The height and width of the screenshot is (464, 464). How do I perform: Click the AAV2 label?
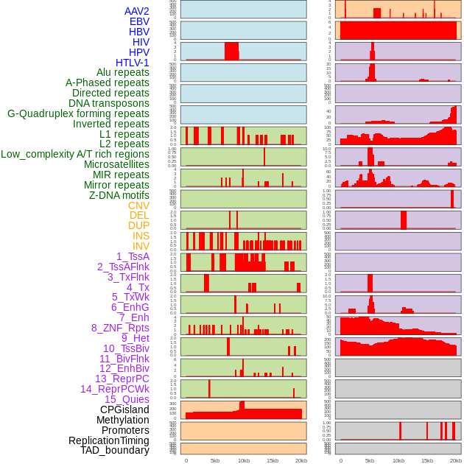coord(137,11)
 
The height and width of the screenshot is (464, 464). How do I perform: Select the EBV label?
coord(139,21)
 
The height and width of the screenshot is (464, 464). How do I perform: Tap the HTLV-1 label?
coord(133,63)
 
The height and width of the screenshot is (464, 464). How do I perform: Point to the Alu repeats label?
coord(123,72)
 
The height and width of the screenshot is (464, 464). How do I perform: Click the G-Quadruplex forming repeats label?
coord(78,113)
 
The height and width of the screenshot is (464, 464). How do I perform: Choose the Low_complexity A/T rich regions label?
coord(75,154)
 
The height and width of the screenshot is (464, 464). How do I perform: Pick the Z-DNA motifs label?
coord(119,195)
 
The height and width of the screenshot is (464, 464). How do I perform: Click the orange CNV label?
coord(138,205)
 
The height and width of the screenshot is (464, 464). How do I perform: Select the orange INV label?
coord(141,246)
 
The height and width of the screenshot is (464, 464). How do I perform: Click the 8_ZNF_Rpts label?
coord(120,328)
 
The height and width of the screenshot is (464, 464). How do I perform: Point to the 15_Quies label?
coord(127,399)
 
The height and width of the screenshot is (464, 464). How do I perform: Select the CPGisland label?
coord(124,409)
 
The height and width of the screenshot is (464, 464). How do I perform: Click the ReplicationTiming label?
coord(109,440)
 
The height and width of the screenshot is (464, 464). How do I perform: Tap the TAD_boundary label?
coord(115,450)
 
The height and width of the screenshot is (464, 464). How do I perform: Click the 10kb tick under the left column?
coord(243,460)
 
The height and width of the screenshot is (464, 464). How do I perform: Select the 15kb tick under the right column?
coord(427,460)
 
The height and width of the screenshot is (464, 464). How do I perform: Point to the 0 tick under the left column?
coord(186,460)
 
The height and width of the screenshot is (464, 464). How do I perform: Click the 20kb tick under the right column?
coord(456,460)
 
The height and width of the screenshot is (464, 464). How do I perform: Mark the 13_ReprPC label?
coord(122,379)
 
